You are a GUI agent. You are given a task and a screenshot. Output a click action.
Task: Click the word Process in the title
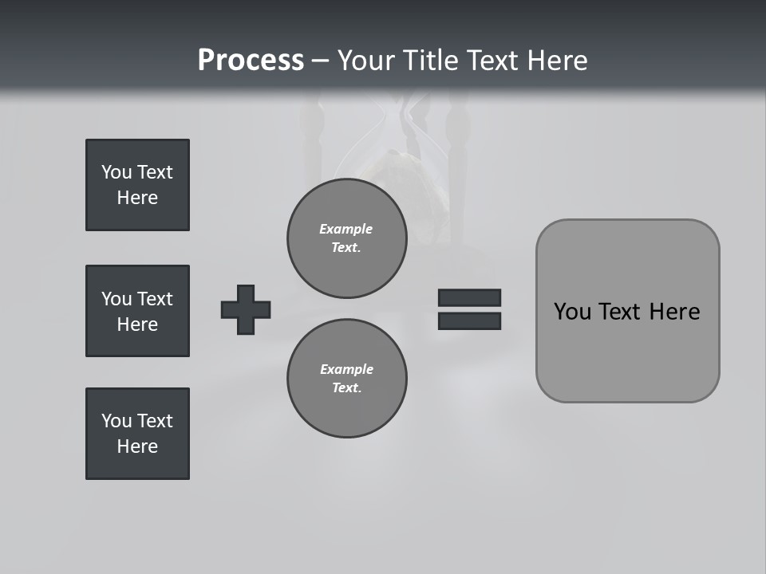(251, 61)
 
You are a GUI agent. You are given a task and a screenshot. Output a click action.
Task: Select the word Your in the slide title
(367, 61)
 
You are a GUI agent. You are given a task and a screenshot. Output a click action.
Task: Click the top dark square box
(137, 185)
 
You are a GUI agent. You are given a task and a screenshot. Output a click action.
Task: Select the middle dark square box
(137, 311)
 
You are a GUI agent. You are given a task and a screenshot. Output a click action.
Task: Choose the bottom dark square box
(137, 434)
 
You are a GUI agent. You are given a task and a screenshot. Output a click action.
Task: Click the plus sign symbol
(246, 309)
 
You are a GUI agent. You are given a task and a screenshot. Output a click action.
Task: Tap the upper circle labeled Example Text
(346, 238)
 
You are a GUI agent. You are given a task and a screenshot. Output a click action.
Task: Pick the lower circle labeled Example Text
(346, 378)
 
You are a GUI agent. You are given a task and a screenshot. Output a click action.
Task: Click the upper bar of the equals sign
(469, 297)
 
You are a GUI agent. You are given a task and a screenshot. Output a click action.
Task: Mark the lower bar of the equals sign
(469, 320)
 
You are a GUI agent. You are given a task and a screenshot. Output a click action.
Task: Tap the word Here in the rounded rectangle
(674, 312)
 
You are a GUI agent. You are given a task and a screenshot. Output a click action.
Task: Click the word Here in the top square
(137, 198)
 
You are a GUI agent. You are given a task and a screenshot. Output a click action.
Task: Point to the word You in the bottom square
(116, 421)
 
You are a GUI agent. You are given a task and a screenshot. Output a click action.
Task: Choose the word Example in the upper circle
(346, 229)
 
